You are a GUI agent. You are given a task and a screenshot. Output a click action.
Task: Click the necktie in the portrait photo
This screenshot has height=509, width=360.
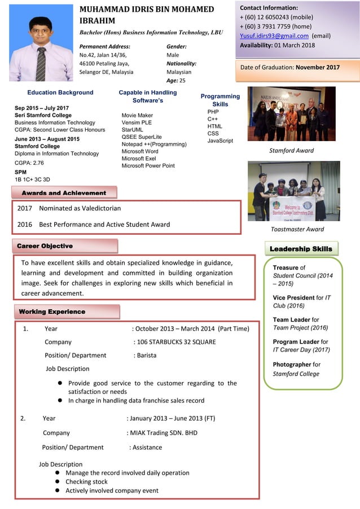(x=41, y=62)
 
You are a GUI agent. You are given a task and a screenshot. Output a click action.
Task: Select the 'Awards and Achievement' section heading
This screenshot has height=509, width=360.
(x=64, y=193)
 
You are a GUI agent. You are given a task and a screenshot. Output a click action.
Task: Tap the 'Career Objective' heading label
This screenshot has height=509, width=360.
(x=45, y=246)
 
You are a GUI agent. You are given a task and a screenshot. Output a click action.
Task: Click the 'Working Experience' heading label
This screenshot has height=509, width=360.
(x=52, y=311)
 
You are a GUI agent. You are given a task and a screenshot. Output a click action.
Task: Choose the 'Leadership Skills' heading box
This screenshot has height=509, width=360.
(x=301, y=248)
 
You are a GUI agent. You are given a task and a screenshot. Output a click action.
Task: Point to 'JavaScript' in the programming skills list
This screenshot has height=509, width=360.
(x=220, y=141)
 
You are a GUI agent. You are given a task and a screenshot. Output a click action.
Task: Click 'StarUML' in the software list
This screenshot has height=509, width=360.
(x=134, y=129)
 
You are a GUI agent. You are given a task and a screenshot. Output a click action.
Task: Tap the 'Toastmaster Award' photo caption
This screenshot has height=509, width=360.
(x=297, y=229)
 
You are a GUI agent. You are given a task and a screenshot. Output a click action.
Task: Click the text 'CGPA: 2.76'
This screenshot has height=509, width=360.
(x=29, y=163)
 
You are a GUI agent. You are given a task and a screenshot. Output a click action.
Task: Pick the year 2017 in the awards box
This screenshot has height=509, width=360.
(x=25, y=208)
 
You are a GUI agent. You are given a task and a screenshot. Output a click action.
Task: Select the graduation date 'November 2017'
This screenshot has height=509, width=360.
(x=318, y=67)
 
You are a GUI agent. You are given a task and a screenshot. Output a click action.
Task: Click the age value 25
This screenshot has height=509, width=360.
(x=182, y=81)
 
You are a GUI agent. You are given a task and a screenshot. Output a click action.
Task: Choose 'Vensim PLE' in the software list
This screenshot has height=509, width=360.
(x=137, y=122)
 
